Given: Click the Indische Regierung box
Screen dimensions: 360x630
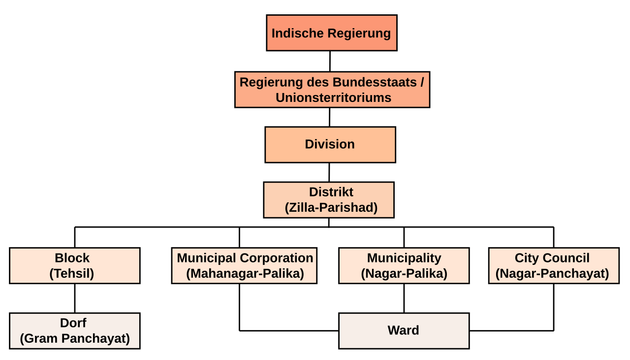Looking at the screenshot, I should click(331, 33).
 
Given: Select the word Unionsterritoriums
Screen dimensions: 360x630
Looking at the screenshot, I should click(333, 98).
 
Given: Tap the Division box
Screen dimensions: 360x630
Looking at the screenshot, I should click(330, 144).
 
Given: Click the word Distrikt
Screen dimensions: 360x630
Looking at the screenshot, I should click(331, 192).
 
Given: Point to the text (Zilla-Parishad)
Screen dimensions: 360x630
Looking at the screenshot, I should click(331, 208).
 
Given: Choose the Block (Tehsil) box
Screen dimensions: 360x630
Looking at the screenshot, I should click(74, 265).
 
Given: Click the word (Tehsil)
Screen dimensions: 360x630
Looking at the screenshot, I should click(72, 273).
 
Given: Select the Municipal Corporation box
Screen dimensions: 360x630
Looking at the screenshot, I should click(244, 265).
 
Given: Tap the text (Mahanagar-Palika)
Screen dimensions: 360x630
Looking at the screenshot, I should click(245, 273).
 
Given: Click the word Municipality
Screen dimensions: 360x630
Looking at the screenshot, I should click(404, 258).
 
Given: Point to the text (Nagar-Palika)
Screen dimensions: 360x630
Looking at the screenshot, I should click(404, 273).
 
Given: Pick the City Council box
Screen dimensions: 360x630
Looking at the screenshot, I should click(553, 265).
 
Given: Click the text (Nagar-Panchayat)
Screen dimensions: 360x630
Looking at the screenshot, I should click(552, 273).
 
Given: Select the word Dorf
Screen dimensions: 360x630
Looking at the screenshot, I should click(73, 323).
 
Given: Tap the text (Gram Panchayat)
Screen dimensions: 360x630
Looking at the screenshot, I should click(75, 339).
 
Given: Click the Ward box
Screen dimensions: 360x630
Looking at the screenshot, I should click(404, 330).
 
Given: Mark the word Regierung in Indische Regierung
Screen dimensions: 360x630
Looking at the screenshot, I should click(359, 33).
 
